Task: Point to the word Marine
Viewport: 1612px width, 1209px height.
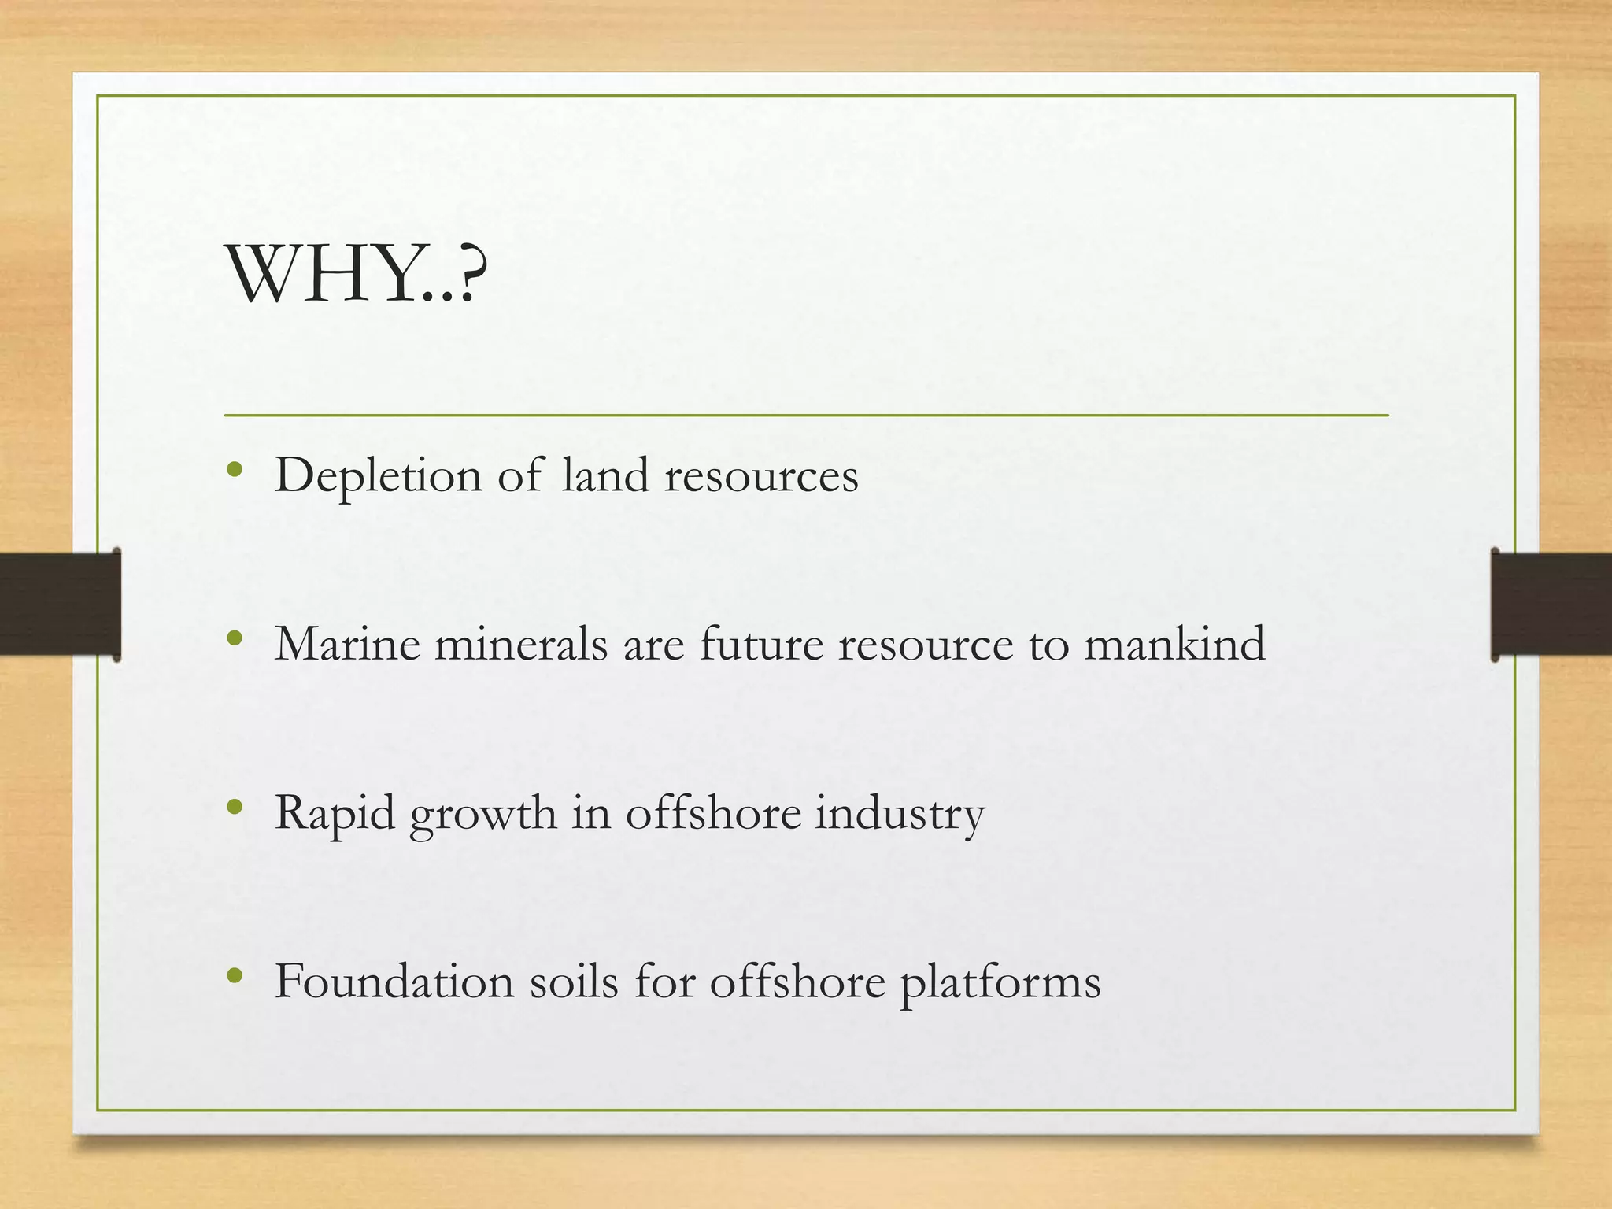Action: (x=347, y=644)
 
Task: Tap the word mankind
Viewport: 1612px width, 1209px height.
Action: (x=1174, y=644)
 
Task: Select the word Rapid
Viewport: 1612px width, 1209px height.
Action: (x=335, y=814)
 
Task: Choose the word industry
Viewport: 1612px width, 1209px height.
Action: (x=900, y=814)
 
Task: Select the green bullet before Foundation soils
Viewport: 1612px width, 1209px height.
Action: (x=234, y=977)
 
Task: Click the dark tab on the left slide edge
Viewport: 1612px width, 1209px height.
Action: (x=60, y=604)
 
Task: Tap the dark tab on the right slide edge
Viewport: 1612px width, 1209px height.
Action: (x=1551, y=604)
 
